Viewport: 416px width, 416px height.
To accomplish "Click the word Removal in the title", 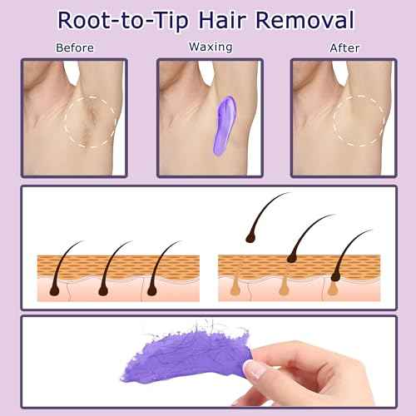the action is point(305,20).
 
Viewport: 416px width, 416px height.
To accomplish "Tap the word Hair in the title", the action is point(222,20).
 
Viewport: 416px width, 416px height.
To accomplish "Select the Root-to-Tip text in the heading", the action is point(123,21).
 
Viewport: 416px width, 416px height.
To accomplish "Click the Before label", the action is point(75,47).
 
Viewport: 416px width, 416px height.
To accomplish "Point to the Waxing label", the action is point(210,47).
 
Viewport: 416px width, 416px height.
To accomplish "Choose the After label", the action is point(344,48).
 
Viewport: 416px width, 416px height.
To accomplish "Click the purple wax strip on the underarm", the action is point(225,126).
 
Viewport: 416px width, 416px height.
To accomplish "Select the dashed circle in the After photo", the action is point(334,121).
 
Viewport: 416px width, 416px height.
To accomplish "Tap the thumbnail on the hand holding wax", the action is point(255,369).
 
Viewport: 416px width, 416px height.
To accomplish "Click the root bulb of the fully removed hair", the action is point(250,238).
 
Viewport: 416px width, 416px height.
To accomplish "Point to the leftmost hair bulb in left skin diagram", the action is point(54,290).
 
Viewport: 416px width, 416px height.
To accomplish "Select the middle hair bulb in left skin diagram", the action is point(103,290).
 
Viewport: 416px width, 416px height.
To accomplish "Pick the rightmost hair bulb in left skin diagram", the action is point(152,290).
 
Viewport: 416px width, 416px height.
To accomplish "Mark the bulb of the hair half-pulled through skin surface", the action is point(292,258).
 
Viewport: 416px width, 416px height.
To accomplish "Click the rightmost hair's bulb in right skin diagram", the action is point(336,275).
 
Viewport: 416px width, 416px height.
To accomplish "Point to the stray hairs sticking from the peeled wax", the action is point(206,326).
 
